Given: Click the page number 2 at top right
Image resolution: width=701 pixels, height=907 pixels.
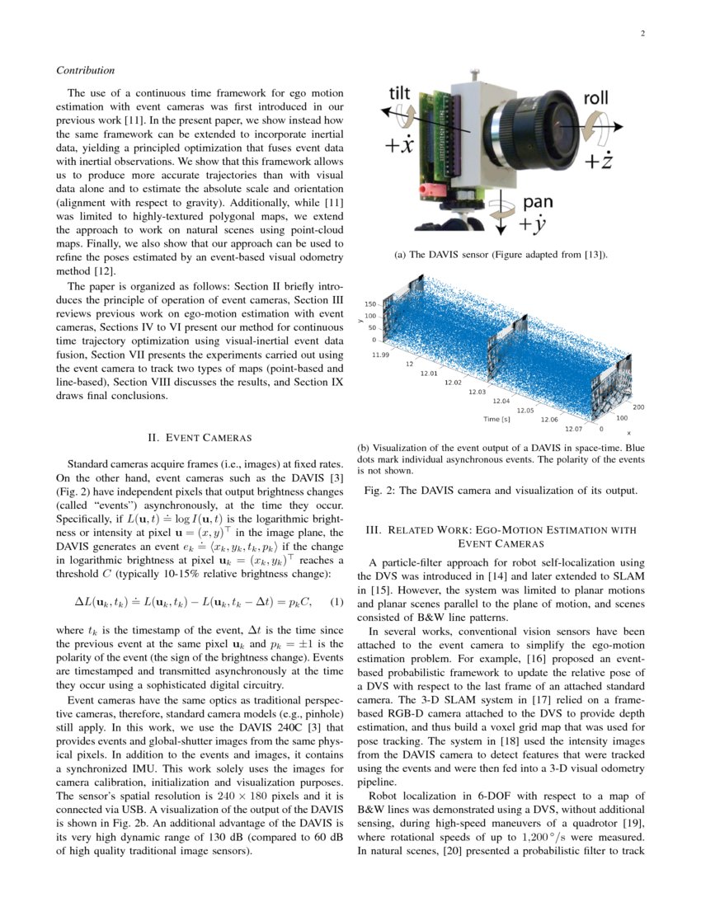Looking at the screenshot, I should tap(642, 34).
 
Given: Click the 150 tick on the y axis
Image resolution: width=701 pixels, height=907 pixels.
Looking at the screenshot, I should tap(370, 304).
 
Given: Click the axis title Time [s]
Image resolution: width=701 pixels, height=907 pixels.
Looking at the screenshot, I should tap(496, 420).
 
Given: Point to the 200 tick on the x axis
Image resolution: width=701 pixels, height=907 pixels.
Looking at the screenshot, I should tap(638, 407).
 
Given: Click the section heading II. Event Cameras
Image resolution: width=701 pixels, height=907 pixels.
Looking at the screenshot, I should tap(199, 437).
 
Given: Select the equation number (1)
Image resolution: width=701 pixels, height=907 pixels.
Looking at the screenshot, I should tap(336, 600).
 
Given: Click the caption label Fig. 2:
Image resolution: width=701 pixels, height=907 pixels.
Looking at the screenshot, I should tap(381, 491).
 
